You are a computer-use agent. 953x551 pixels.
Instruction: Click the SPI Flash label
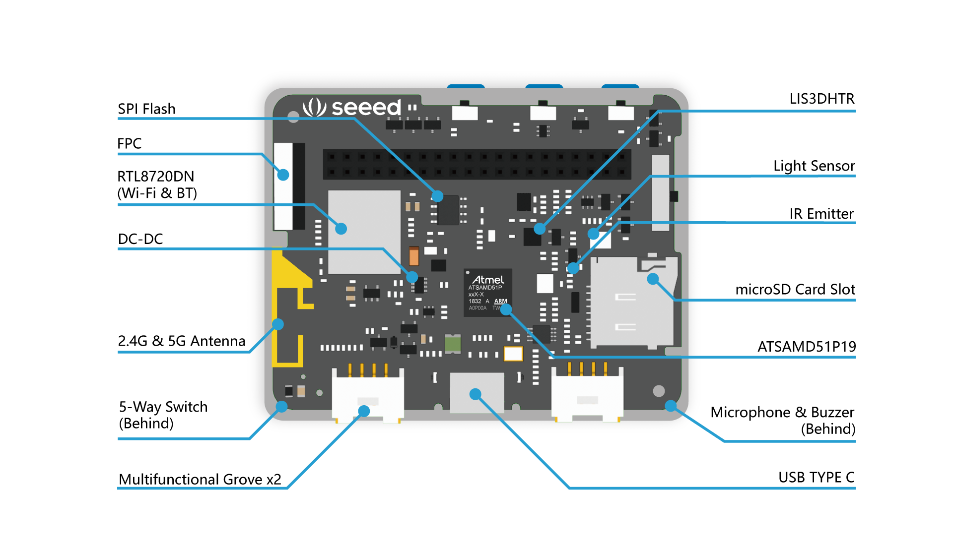pyautogui.click(x=146, y=109)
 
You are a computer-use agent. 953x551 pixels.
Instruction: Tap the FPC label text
pyautogui.click(x=130, y=143)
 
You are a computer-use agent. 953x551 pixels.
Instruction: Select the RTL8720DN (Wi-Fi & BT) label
pyautogui.click(x=157, y=184)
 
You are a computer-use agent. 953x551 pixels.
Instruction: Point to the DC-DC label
pyautogui.click(x=140, y=239)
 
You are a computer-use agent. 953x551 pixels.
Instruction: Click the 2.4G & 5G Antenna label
pyautogui.click(x=182, y=341)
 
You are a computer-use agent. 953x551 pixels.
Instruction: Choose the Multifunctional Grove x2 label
pyautogui.click(x=200, y=479)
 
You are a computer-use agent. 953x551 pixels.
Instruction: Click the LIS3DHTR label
pyautogui.click(x=821, y=99)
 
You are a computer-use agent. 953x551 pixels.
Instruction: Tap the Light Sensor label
pyautogui.click(x=814, y=166)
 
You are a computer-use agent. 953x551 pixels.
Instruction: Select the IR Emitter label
pyautogui.click(x=821, y=214)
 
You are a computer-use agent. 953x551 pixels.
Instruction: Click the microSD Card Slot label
pyautogui.click(x=795, y=289)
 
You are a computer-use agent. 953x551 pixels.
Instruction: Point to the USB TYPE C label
pyautogui.click(x=816, y=477)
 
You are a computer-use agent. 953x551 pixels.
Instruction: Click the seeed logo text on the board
pyautogui.click(x=365, y=107)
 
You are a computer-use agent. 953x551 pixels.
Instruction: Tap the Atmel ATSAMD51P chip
pyautogui.click(x=487, y=293)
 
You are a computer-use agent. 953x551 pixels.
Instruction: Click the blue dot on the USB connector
pyautogui.click(x=476, y=394)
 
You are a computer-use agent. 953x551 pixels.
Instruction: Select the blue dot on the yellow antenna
pyautogui.click(x=278, y=324)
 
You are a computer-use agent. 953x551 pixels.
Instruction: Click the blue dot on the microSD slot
pyautogui.click(x=653, y=279)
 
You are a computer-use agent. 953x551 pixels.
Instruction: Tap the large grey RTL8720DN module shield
pyautogui.click(x=364, y=232)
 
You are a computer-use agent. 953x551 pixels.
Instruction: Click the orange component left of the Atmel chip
pyautogui.click(x=413, y=256)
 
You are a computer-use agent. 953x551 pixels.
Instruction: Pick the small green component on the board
pyautogui.click(x=453, y=343)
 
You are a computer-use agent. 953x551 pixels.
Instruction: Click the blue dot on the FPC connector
pyautogui.click(x=283, y=175)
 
